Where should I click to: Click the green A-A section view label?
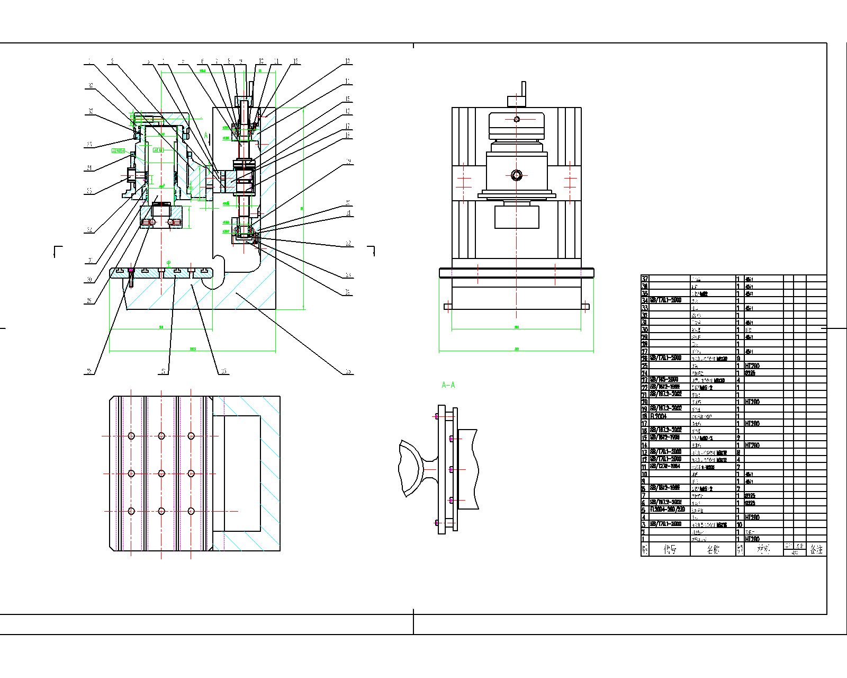448,385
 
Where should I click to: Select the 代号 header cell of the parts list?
670,549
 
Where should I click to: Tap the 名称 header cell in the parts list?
713,549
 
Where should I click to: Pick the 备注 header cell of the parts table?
816,549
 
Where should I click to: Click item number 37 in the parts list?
645,279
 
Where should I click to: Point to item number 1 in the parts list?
645,539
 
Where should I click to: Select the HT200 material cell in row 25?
752,366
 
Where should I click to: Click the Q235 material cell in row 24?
750,373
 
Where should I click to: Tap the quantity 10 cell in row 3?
740,524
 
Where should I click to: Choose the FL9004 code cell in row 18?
660,416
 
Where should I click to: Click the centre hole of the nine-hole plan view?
161,474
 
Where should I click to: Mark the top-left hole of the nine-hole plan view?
131,436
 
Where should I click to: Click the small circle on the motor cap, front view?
517,119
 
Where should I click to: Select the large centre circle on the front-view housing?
517,175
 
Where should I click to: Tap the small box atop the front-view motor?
516,101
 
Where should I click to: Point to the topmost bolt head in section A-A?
436,416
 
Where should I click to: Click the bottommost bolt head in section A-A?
436,523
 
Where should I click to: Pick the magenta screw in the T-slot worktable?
131,271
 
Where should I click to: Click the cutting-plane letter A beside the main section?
206,136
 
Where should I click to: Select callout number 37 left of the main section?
91,85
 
